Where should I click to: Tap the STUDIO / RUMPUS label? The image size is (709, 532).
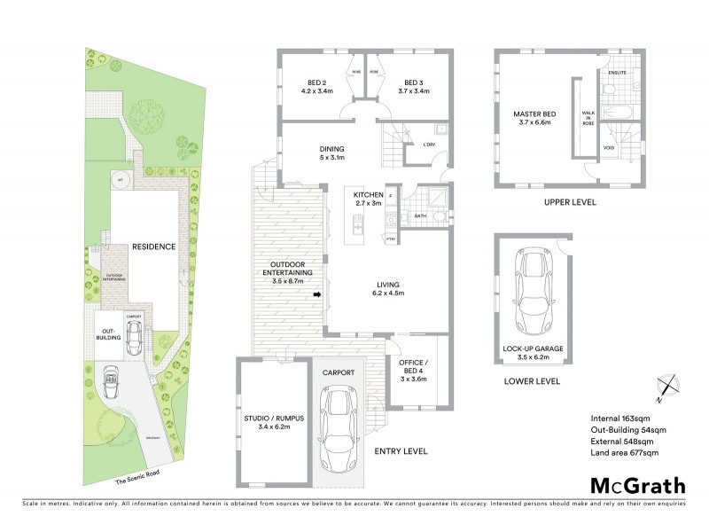(268, 421)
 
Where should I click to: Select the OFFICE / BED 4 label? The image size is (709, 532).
(413, 367)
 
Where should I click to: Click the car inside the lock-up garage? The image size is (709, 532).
(534, 289)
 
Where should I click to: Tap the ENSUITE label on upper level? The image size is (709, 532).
(618, 73)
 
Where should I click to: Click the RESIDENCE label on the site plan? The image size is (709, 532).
(153, 246)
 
